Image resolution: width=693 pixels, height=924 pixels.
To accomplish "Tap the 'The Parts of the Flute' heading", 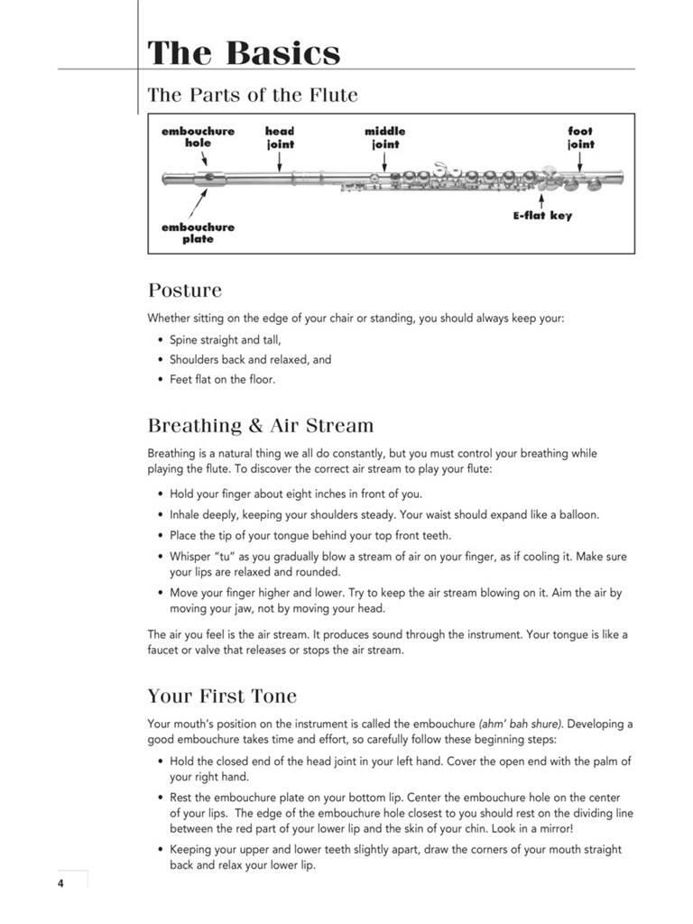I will [x=253, y=95].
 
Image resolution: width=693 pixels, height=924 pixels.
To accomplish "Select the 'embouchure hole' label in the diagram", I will [x=198, y=137].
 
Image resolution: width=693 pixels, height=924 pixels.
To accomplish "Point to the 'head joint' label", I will [x=280, y=137].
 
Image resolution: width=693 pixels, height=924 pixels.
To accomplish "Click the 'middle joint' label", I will [x=385, y=137].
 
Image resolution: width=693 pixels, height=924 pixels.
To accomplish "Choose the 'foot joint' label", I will [x=580, y=137].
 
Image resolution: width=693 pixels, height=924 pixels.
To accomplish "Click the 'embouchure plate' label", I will [x=198, y=233].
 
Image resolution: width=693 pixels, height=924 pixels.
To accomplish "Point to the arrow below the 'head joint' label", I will [x=280, y=161].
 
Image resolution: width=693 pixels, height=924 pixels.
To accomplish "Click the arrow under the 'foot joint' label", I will [x=580, y=161].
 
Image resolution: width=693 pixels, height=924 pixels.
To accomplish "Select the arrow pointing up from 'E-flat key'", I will [x=541, y=199].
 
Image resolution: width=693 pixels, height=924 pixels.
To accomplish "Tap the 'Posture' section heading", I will [x=184, y=291].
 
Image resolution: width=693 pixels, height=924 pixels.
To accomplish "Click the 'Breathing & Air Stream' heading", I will [x=260, y=425].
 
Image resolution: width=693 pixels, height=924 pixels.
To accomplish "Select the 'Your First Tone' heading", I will [x=222, y=697].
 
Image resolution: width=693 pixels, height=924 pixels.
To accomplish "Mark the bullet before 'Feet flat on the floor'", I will [x=161, y=379].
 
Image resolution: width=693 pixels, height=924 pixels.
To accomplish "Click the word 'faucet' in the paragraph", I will [x=165, y=651].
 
